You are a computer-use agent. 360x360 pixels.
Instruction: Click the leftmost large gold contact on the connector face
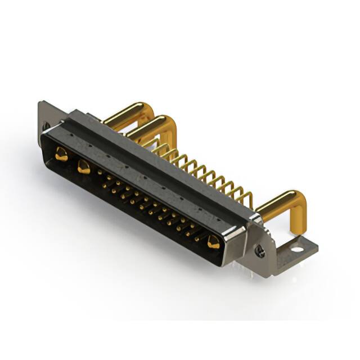point(61,153)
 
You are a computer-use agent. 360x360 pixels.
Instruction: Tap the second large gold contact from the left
point(84,166)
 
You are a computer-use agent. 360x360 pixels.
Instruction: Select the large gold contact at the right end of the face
point(213,242)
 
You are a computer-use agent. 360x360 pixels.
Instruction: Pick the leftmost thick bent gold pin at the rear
point(125,112)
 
